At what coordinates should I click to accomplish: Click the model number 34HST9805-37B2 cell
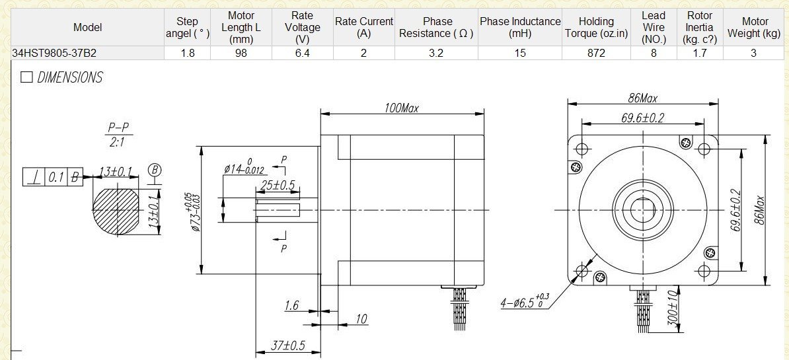pyautogui.click(x=54, y=53)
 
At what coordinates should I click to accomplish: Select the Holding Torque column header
pyautogui.click(x=596, y=28)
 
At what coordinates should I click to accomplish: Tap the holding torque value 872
pyautogui.click(x=596, y=53)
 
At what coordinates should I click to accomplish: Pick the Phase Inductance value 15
pyautogui.click(x=520, y=53)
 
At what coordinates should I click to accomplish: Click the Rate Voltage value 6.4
pyautogui.click(x=302, y=53)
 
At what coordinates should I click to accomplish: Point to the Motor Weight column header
pyautogui.click(x=753, y=28)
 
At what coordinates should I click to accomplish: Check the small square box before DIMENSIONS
pyautogui.click(x=26, y=77)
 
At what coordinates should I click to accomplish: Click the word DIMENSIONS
pyautogui.click(x=69, y=77)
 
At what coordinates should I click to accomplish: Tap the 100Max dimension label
pyautogui.click(x=401, y=108)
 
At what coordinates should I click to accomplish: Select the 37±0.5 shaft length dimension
pyautogui.click(x=288, y=345)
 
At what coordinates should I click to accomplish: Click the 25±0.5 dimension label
pyautogui.click(x=278, y=185)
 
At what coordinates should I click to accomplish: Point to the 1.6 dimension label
pyautogui.click(x=292, y=305)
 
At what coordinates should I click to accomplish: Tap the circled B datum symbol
pyautogui.click(x=155, y=170)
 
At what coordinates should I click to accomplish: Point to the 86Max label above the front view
pyautogui.click(x=642, y=98)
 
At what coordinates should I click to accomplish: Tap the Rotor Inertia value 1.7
pyautogui.click(x=699, y=53)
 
